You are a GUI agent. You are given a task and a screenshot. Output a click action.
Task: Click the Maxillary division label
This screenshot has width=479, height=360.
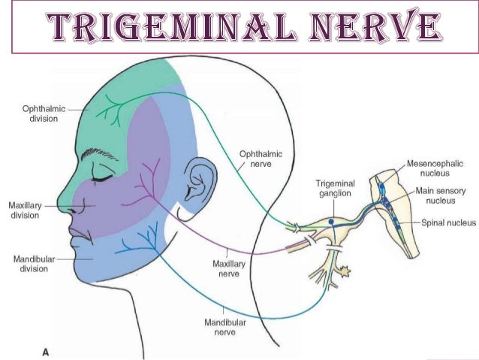(x=27, y=210)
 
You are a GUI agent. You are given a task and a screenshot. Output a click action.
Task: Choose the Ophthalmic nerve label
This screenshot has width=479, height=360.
(x=261, y=159)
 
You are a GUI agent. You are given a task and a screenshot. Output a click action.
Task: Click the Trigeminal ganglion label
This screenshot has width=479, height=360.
(x=333, y=188)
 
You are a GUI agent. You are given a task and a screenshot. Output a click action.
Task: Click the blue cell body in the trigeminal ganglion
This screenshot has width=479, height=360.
(x=330, y=222)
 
